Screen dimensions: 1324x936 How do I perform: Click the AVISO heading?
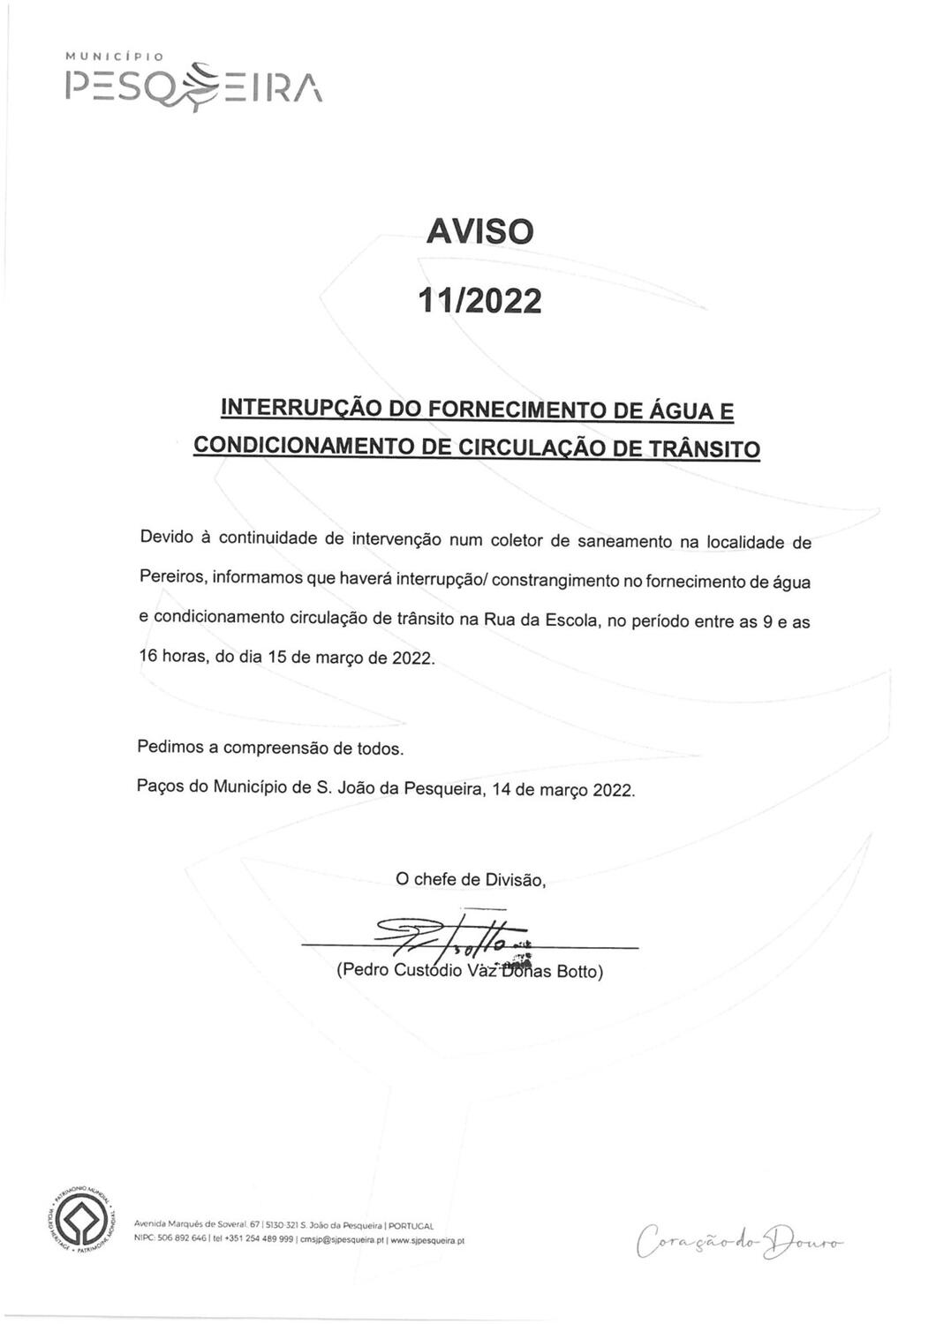tap(479, 231)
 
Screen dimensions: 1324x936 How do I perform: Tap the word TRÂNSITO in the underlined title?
tap(704, 449)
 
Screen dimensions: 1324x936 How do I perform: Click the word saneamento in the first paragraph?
tap(624, 541)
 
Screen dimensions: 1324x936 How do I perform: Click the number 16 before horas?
tap(148, 657)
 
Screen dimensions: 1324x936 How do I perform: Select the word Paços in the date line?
tap(160, 786)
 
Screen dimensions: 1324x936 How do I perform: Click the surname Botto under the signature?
tap(577, 972)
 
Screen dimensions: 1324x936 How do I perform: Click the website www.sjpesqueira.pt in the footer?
tap(427, 1240)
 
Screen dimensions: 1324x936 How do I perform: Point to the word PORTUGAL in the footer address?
tap(411, 1226)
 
